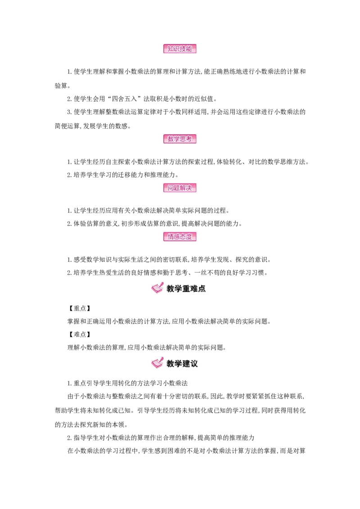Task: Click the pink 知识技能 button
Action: click(180, 49)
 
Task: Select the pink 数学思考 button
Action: click(180, 139)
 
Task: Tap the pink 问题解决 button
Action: click(180, 188)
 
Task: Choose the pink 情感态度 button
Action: click(180, 237)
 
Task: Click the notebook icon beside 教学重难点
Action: click(157, 288)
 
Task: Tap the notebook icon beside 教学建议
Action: click(157, 362)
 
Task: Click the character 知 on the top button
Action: click(171, 49)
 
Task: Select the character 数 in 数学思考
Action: click(171, 139)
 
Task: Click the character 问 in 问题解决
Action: click(171, 188)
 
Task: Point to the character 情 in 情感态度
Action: click(171, 237)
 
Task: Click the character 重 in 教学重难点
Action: click(186, 289)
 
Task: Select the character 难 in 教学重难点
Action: click(194, 289)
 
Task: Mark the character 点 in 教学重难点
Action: click(202, 289)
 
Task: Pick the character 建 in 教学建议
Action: click(186, 363)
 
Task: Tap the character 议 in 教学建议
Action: click(194, 363)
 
